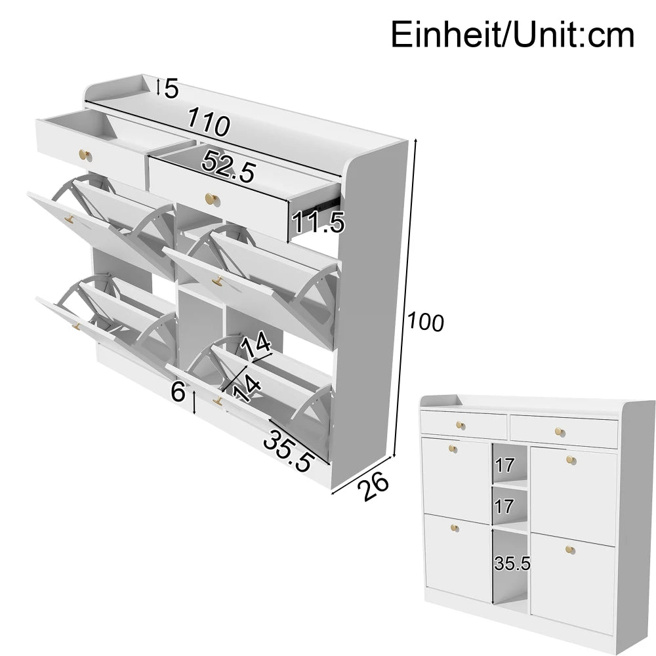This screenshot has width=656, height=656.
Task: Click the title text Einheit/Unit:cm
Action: [512, 35]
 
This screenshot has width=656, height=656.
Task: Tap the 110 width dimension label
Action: [208, 123]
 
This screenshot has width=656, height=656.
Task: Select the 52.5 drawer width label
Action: [228, 167]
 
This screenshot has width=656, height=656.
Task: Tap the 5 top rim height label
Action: [171, 88]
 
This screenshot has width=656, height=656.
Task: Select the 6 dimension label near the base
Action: [178, 393]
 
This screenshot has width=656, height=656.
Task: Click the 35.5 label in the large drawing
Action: [287, 450]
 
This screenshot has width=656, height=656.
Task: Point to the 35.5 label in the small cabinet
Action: [512, 563]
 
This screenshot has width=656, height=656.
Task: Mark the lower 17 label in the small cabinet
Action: [504, 506]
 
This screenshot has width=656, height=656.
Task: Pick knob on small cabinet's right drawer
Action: [559, 432]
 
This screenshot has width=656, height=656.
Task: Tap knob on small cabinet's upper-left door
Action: [453, 448]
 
